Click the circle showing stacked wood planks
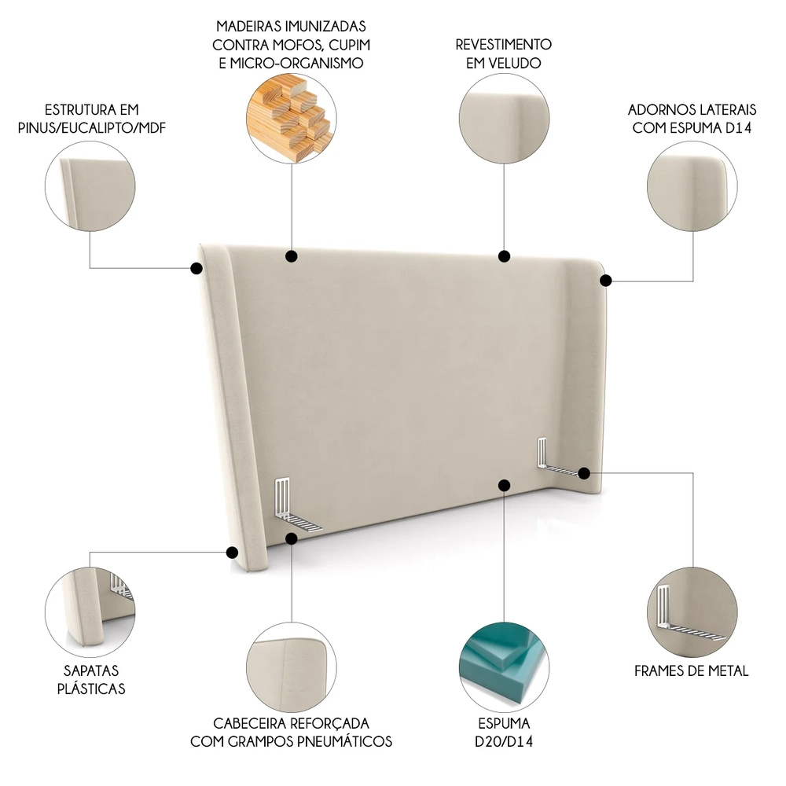[291, 119]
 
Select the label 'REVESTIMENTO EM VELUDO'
[504, 53]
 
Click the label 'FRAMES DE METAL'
[692, 670]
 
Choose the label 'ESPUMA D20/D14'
[504, 732]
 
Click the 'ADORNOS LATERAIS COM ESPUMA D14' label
[692, 118]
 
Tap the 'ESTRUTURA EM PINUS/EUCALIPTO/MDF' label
[93, 118]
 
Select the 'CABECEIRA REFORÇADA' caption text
[291, 722]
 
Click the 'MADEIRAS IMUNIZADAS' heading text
[291, 27]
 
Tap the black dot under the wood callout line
[291, 255]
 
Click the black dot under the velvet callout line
[504, 255]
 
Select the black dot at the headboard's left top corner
[196, 268]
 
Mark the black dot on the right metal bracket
[583, 472]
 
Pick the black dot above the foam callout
[504, 485]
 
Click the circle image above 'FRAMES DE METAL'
[692, 607]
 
